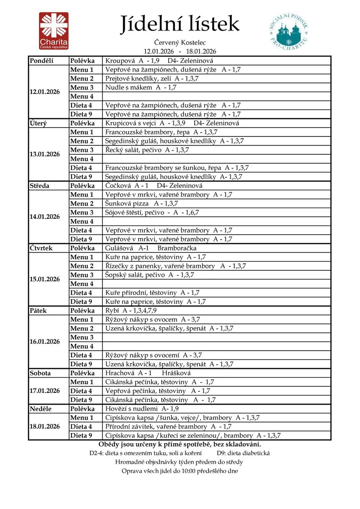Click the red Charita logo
coord(54,31)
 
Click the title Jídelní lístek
coord(179,24)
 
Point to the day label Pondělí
coord(42,61)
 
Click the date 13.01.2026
coord(45,154)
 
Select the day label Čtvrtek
coord(41,248)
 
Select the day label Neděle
coord(40,409)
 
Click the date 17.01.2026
coord(45,391)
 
